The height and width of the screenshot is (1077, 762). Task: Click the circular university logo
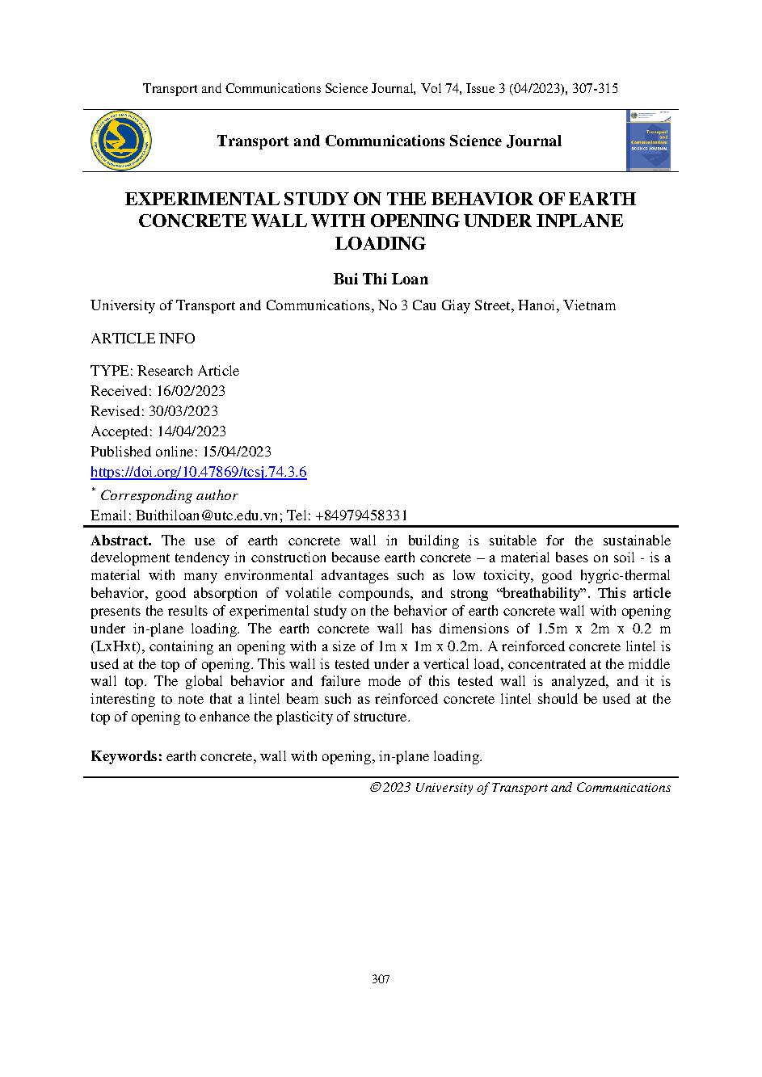122,141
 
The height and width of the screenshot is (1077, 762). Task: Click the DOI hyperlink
198,473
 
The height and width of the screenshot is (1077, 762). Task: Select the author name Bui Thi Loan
381,280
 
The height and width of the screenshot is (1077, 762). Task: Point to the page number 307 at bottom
381,980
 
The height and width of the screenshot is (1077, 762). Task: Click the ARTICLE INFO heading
142,339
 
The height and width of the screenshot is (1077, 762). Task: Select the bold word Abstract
120,541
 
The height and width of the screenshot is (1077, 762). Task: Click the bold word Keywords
127,756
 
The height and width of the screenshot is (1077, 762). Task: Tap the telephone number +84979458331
361,515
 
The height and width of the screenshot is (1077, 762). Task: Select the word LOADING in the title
380,243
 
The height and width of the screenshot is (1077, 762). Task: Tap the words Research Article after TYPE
188,371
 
